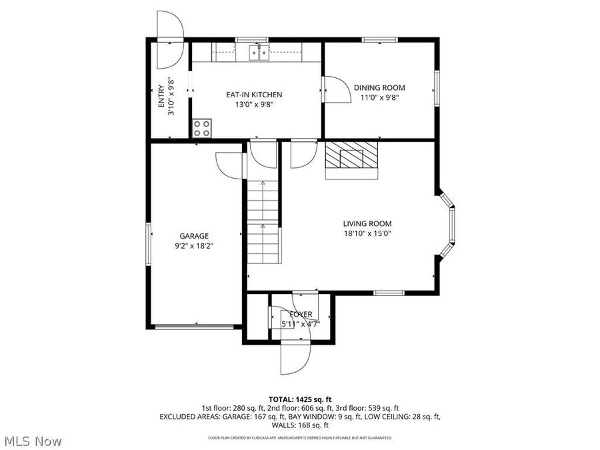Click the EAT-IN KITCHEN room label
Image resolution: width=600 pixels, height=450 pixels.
(254, 95)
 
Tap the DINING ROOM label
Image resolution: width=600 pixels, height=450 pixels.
(379, 87)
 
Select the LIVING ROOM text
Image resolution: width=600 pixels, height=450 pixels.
(367, 224)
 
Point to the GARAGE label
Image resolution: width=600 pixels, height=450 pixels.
(194, 236)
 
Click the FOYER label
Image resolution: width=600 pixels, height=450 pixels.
(301, 314)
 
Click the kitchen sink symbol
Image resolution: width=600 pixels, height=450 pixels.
(258, 53)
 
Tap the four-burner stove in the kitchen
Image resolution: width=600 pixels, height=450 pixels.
(202, 128)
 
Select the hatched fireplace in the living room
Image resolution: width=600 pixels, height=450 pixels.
(351, 159)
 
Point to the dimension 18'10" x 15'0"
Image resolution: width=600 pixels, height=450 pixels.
(367, 233)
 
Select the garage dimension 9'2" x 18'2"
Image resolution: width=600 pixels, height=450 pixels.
(194, 245)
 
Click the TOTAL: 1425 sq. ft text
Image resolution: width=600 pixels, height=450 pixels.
(300, 399)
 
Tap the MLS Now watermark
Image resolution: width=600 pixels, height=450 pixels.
(33, 441)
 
